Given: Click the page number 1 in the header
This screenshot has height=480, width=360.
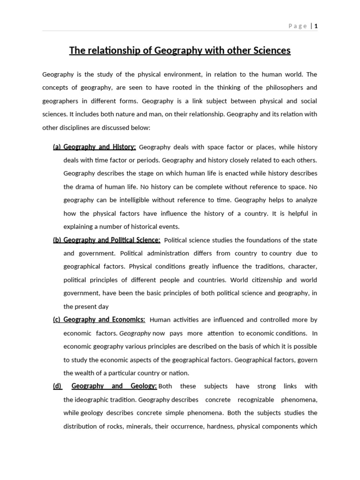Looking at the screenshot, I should (x=316, y=26).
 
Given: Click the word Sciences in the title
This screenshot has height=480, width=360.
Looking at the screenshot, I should (x=270, y=50).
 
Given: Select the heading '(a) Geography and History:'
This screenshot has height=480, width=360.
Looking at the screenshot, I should (x=94, y=147).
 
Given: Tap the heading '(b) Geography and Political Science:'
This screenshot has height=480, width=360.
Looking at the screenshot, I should (x=106, y=240).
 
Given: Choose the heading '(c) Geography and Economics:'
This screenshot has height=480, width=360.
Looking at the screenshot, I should (x=99, y=320).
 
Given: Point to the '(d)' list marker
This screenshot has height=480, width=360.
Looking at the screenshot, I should (x=57, y=386).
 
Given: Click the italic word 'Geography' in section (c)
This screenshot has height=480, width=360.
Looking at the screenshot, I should (x=135, y=333).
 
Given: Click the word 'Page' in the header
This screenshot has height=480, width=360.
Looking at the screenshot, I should (x=298, y=26).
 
